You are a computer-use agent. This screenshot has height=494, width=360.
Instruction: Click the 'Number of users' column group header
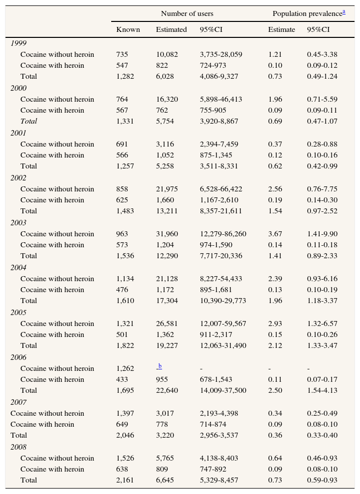pos(180,13)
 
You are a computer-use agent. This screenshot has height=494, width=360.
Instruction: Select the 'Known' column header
pos(128,29)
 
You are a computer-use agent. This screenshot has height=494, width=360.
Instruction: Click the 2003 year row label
pos(18,223)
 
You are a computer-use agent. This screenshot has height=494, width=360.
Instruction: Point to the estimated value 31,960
pos(167,234)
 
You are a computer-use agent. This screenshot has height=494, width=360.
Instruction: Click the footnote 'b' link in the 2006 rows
pos(160,367)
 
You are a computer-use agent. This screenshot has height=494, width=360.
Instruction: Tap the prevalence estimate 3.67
pos(275,234)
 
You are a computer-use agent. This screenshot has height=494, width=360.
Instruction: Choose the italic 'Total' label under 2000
pos(29,121)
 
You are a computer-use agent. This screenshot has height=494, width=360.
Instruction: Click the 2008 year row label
pos(18,447)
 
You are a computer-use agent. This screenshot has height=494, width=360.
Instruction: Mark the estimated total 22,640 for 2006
pos(167,390)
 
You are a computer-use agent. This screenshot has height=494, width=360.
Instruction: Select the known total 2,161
pos(126,480)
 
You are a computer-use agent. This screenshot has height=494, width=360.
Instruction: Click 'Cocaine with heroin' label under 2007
pos(42,424)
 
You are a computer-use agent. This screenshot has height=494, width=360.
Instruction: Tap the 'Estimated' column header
pos(172,29)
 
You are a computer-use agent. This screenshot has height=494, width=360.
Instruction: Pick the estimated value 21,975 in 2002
pos(167,189)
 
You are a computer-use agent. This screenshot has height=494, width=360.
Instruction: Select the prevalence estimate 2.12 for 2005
pos(275,345)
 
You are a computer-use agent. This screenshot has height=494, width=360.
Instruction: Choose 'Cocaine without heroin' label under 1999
pos(57,54)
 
